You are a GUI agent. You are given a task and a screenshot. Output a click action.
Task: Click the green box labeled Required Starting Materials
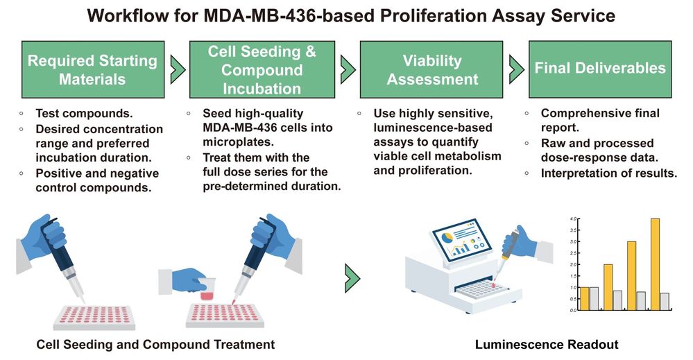click(92, 69)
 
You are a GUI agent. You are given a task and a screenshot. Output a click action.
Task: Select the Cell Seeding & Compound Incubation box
click(262, 69)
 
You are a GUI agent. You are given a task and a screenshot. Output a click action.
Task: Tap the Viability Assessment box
click(432, 69)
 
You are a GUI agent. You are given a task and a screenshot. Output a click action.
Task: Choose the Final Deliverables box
click(599, 69)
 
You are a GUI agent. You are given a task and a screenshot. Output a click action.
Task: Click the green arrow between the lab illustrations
click(352, 277)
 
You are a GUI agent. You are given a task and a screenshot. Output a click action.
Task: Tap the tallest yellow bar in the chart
click(654, 264)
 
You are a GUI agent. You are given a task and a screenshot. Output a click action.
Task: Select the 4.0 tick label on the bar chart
click(573, 219)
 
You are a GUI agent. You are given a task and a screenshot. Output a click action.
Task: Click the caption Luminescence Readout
click(547, 344)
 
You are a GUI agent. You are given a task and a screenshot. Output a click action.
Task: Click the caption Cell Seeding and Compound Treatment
click(155, 344)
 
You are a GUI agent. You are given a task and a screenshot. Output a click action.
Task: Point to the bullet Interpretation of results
click(608, 173)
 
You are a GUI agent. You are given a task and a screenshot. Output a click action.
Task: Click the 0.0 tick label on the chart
click(573, 310)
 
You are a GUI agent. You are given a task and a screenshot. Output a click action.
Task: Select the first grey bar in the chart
click(594, 298)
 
